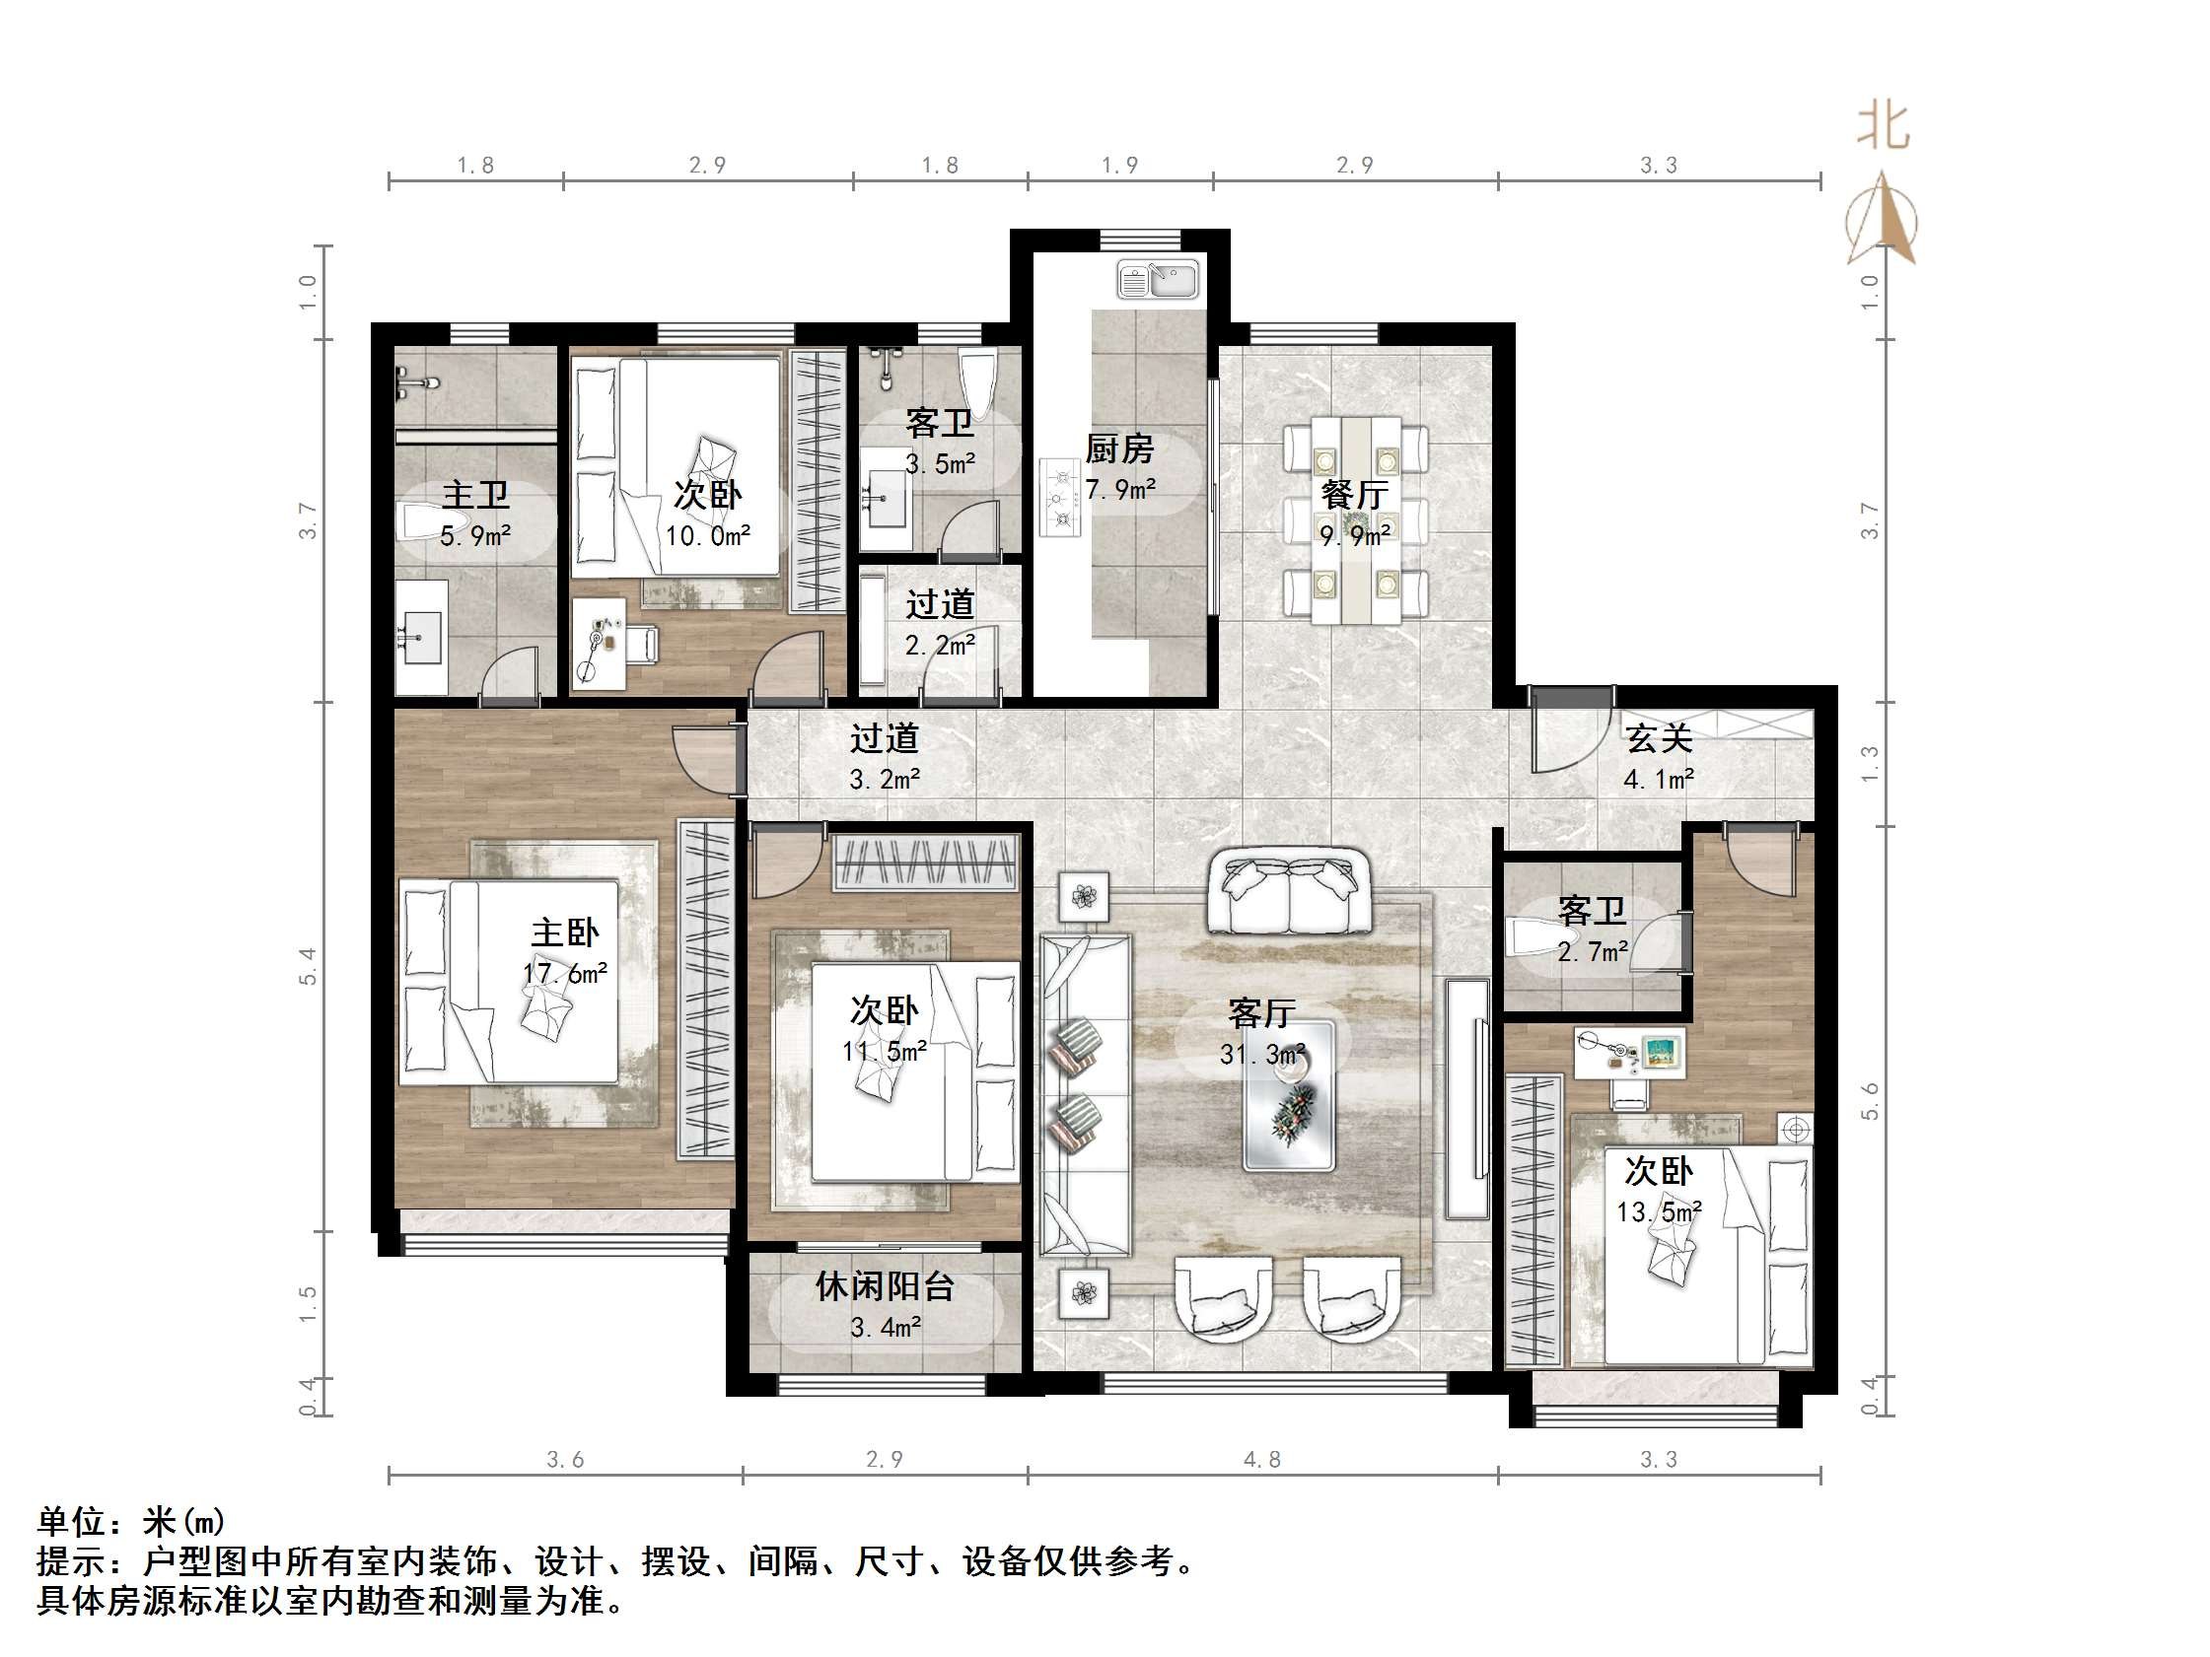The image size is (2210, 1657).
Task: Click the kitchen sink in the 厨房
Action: coord(1157,280)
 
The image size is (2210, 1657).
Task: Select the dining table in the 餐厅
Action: coord(1356,520)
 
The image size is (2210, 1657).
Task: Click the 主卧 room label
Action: coord(564,932)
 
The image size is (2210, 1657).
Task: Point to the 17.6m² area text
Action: coord(565,973)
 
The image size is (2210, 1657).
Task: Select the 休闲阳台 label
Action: coord(885,1286)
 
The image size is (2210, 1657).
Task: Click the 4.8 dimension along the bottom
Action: coord(1262,1459)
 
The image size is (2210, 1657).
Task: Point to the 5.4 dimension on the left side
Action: coord(308,966)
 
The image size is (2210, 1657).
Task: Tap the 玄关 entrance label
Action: coord(1659,739)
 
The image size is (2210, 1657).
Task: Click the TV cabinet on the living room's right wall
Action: coord(1466,1098)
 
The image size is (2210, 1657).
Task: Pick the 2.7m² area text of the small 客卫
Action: coord(1593,952)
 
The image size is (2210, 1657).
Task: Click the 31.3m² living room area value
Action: coord(1262,1054)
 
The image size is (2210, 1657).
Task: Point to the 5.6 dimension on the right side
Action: coord(1870,1101)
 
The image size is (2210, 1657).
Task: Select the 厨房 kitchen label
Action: coord(1119,449)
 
